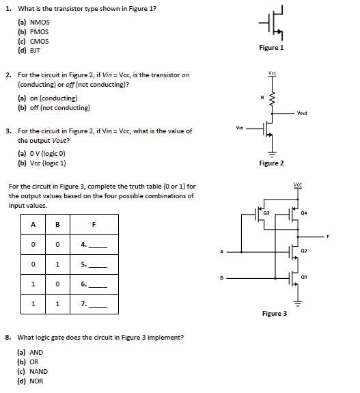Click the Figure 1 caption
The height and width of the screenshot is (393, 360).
click(x=271, y=48)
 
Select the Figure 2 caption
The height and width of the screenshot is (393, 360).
click(x=271, y=163)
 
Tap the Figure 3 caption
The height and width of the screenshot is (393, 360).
click(x=275, y=314)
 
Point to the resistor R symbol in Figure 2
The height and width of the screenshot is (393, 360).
click(x=272, y=100)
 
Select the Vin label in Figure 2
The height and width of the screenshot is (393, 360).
click(x=240, y=127)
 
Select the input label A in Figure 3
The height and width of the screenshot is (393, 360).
click(x=221, y=252)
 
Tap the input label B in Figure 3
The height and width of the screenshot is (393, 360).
click(x=221, y=277)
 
